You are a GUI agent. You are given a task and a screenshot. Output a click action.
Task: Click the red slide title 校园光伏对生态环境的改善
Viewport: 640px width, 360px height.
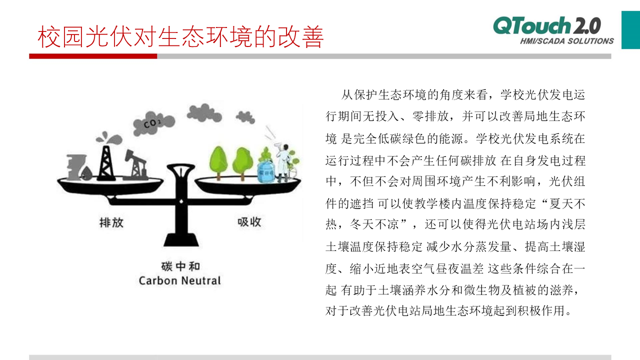click(x=180, y=36)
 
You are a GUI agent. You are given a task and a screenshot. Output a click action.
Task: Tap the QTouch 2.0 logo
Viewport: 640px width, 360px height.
click(x=547, y=25)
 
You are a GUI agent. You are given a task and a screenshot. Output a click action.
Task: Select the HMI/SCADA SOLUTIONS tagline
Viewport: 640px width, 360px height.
click(x=567, y=41)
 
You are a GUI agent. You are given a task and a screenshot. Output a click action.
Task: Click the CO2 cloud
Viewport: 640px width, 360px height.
click(x=153, y=123)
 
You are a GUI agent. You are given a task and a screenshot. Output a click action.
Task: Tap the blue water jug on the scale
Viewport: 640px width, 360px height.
click(x=265, y=172)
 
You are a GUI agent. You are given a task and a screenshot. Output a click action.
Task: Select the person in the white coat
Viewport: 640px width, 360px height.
click(x=282, y=163)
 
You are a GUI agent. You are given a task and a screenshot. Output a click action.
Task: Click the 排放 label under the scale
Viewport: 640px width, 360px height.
click(x=111, y=222)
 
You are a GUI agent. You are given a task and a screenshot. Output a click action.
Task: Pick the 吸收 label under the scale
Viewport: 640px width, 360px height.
click(x=249, y=221)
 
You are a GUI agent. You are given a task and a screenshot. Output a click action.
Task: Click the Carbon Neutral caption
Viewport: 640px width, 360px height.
click(x=179, y=280)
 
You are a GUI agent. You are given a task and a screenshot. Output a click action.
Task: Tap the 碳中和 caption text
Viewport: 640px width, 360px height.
click(x=180, y=266)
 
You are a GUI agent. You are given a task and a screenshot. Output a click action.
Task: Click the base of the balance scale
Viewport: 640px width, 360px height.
click(x=181, y=239)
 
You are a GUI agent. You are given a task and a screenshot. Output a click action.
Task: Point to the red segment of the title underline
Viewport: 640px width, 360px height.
click(x=93, y=56)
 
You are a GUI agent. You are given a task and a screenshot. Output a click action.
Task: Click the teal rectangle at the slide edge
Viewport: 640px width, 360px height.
click(x=630, y=30)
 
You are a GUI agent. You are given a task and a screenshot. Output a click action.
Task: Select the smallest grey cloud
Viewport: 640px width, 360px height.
click(x=245, y=117)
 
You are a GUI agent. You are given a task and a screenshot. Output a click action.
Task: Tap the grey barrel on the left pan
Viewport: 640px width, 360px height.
click(x=75, y=167)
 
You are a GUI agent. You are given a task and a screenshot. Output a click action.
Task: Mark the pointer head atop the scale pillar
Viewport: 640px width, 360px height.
click(x=181, y=168)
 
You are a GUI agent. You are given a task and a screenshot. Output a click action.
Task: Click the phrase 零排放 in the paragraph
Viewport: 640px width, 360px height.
click(x=430, y=116)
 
